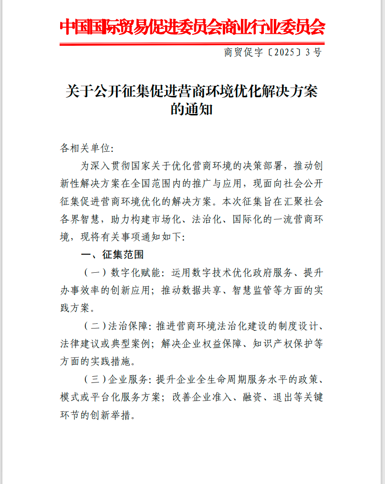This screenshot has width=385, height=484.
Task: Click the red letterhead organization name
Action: coord(192,28)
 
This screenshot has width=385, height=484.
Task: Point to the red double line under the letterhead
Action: coord(192,44)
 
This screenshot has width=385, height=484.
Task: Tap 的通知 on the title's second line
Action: coord(192,110)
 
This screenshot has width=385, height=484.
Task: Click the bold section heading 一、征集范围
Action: coord(113,255)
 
